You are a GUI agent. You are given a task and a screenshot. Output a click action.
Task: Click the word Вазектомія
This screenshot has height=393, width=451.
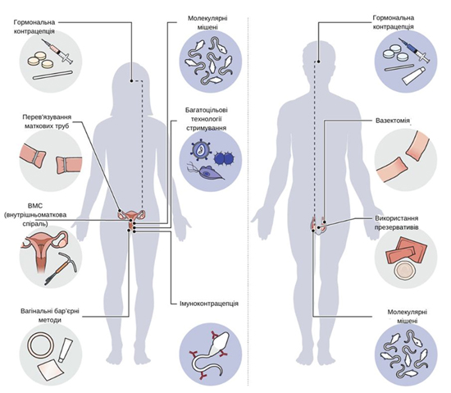click(393, 121)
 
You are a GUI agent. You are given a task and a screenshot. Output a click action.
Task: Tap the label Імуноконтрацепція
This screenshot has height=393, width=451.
click(209, 304)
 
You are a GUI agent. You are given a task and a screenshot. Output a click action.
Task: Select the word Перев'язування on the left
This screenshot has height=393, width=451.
click(47, 117)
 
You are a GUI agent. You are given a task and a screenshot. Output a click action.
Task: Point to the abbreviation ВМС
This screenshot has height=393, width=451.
click(35, 206)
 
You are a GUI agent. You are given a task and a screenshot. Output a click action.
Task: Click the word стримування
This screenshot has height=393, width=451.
click(206, 128)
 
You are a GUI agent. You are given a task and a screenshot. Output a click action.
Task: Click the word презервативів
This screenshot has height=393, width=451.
click(396, 227)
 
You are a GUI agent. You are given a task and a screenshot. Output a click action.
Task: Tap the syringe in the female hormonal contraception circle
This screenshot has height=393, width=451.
click(57, 51)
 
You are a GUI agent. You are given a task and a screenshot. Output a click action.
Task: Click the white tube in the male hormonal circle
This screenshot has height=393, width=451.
click(412, 75)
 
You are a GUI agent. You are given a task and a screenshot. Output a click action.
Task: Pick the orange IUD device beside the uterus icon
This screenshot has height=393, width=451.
click(61, 269)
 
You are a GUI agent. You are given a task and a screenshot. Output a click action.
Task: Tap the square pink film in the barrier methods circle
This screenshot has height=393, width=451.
click(49, 370)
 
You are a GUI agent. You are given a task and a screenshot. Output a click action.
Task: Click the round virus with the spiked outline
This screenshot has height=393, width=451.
click(201, 149)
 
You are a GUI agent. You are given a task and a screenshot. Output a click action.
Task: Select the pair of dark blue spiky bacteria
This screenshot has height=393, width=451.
click(225, 159)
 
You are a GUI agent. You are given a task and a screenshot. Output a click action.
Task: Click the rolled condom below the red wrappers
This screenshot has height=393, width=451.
click(405, 270)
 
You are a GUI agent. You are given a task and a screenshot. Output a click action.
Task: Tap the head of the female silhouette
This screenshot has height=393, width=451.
click(131, 79)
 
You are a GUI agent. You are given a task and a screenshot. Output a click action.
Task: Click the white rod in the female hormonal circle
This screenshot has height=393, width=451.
click(52, 75)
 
